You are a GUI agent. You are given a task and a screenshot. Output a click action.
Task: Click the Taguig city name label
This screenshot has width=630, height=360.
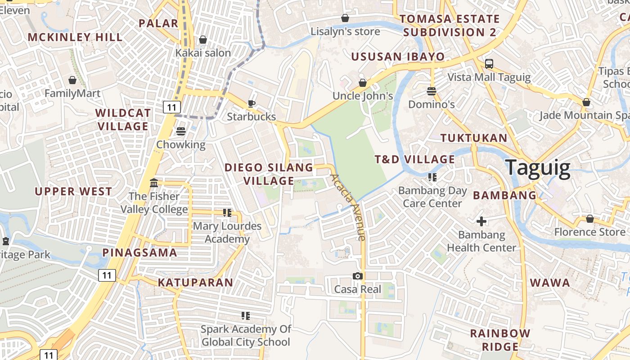(x=538, y=167)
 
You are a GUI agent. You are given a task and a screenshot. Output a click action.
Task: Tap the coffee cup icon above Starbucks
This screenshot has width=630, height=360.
(x=252, y=103)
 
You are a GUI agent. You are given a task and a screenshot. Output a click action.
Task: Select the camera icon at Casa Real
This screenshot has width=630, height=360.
(x=358, y=276)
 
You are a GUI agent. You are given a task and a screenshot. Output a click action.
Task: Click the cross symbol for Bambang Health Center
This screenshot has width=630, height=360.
(x=481, y=221)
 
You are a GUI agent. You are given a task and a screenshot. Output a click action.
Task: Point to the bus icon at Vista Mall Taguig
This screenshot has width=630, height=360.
(x=489, y=64)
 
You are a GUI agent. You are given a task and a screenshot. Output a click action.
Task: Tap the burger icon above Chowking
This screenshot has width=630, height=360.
(x=181, y=131)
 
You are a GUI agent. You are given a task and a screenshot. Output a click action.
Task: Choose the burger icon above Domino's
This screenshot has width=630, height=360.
(x=432, y=91)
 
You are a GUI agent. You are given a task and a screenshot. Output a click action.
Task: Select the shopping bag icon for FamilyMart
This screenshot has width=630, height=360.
(x=72, y=80)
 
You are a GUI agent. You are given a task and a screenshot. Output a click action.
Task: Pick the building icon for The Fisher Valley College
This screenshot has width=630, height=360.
(x=154, y=183)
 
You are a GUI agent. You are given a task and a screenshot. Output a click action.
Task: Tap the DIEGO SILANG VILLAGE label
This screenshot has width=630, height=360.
(x=269, y=174)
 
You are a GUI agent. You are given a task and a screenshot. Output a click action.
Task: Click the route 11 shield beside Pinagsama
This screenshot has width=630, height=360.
(x=107, y=275)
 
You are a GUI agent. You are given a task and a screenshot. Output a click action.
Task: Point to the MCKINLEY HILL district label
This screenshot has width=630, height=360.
(x=75, y=37)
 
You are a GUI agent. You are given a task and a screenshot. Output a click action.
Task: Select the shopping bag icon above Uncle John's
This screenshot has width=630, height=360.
(x=363, y=83)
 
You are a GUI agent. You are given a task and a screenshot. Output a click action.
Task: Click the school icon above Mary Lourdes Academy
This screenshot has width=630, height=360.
(x=227, y=212)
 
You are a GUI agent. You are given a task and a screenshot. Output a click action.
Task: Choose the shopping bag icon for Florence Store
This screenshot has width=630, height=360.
(x=589, y=219)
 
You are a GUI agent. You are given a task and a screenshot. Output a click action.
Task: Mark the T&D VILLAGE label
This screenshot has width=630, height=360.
(x=415, y=159)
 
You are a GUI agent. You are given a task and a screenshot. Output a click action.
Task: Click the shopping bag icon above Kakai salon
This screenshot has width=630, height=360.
(x=203, y=40)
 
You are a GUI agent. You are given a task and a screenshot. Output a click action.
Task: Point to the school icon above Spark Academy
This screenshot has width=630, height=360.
(x=246, y=315)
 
